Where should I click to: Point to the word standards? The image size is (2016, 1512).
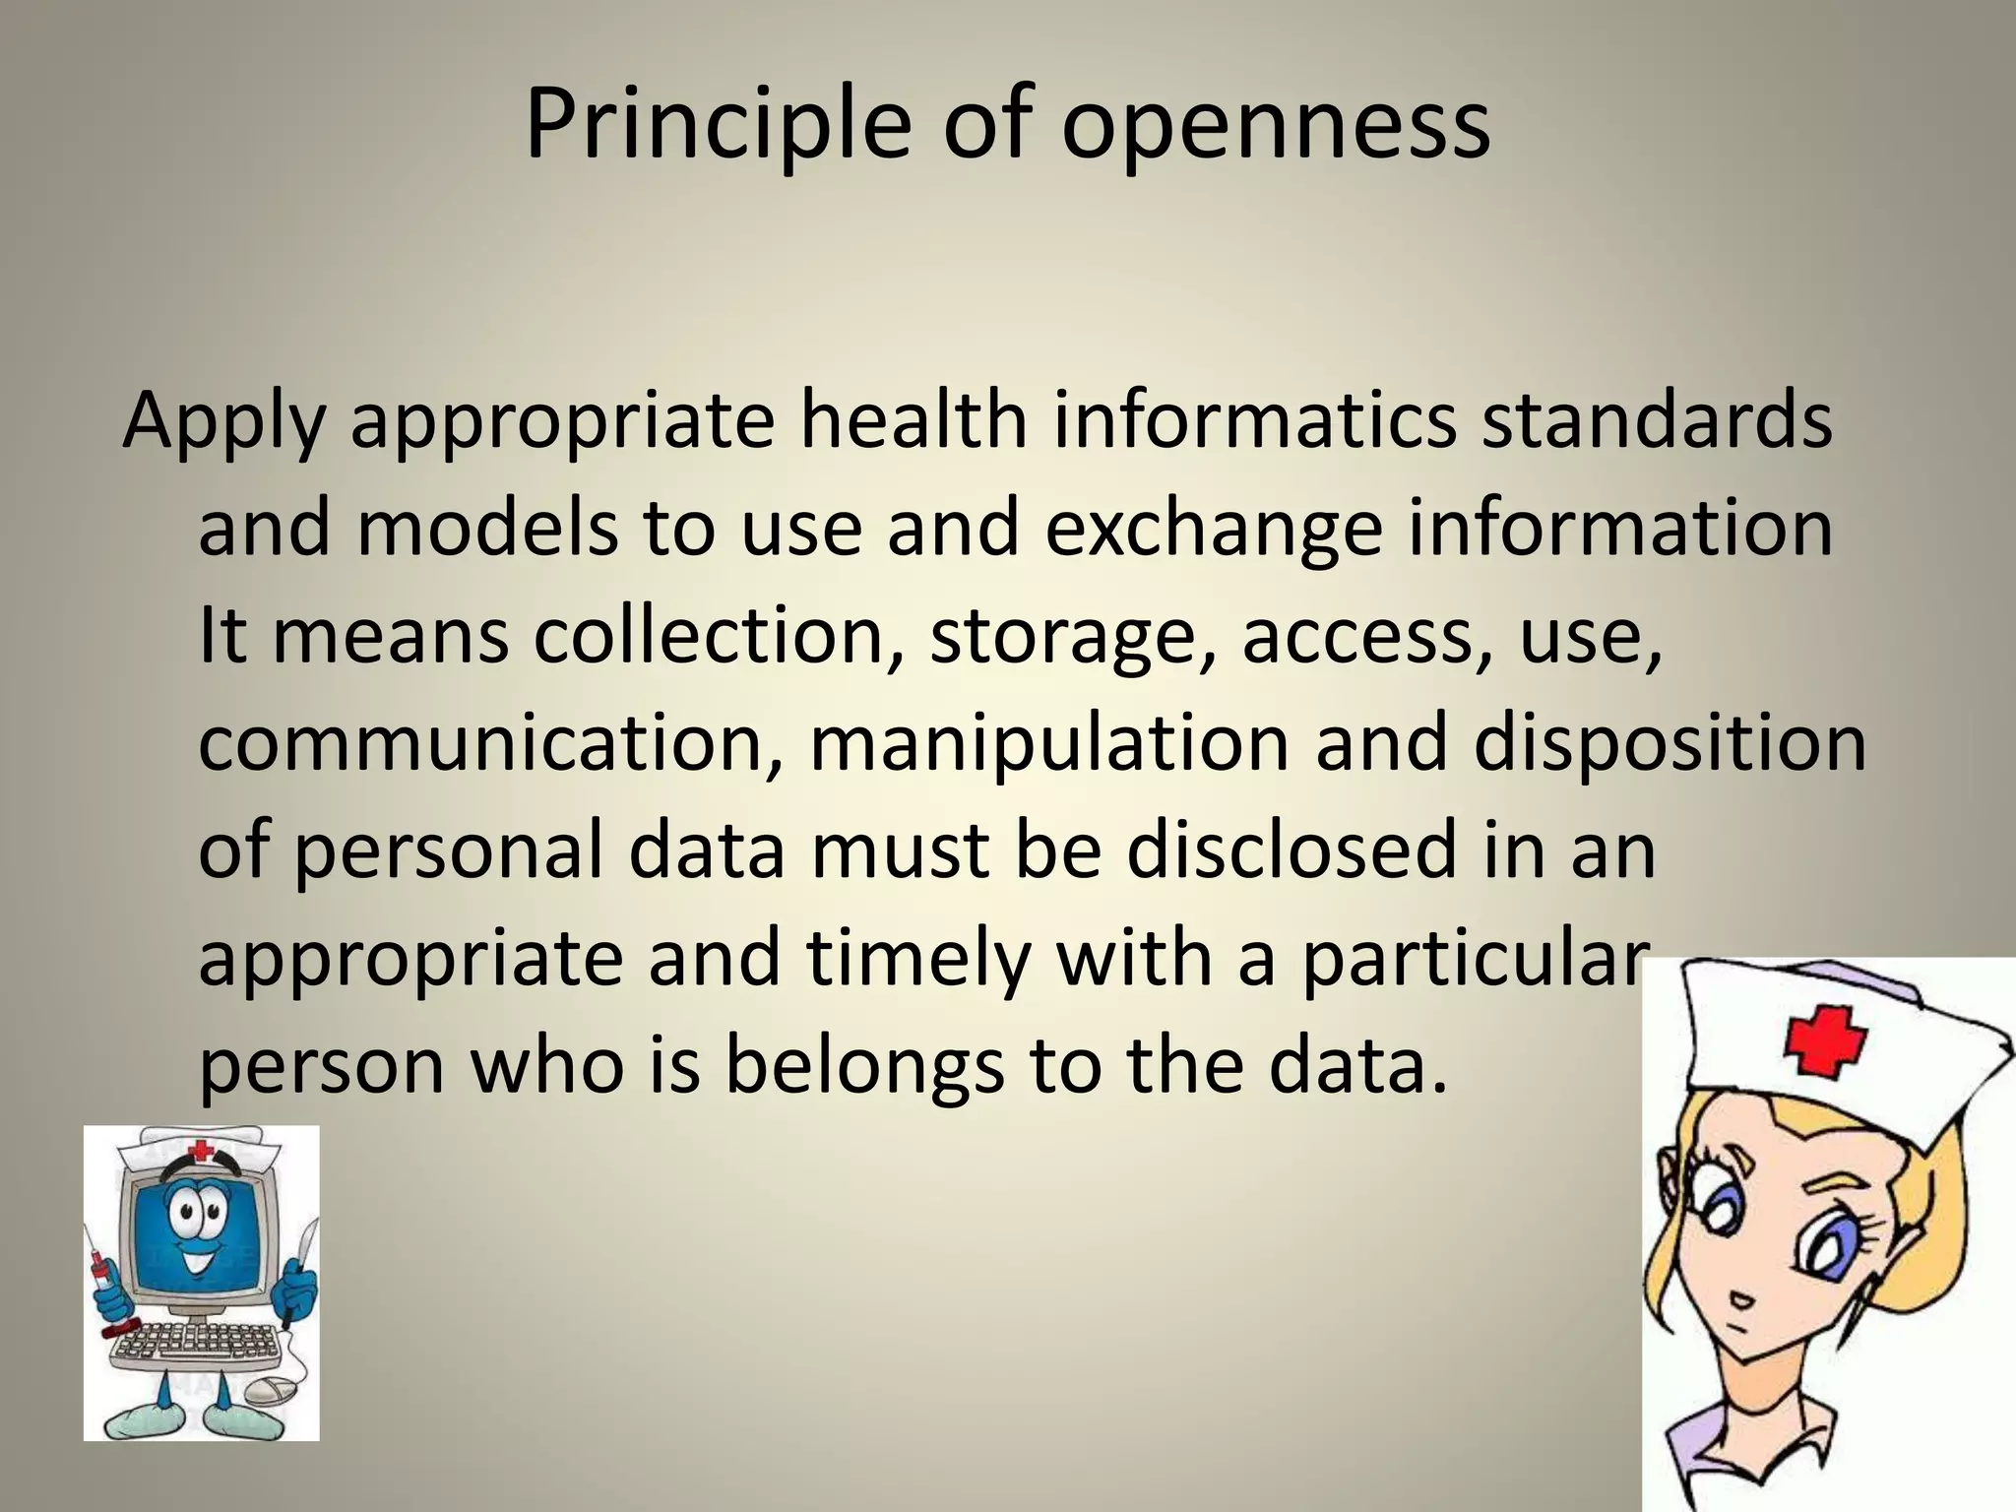(x=1657, y=418)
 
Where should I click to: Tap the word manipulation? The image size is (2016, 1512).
(x=1047, y=745)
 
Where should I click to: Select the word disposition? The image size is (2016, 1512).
(x=1669, y=745)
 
